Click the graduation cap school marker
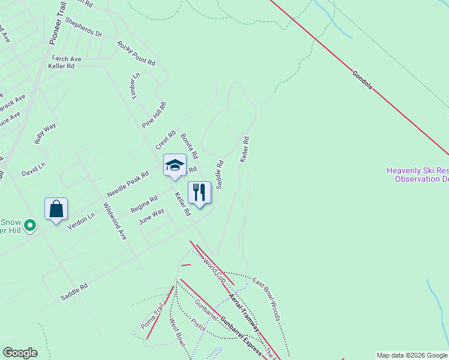(175, 166)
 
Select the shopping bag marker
(56, 209)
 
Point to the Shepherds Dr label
(83, 26)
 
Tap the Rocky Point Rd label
(136, 53)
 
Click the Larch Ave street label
(67, 59)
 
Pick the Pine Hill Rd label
(153, 114)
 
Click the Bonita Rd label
(189, 146)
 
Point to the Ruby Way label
(45, 133)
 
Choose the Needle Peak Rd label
(127, 184)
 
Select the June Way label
(151, 216)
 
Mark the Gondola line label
(363, 80)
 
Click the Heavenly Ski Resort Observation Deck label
(418, 174)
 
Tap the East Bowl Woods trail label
(267, 298)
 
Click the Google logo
(20, 353)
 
